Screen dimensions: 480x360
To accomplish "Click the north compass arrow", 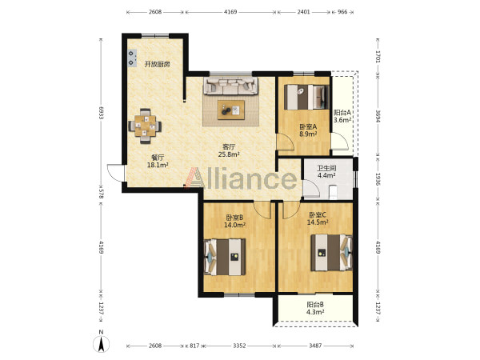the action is coord(101,344).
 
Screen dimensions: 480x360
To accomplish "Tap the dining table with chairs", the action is coord(145,126).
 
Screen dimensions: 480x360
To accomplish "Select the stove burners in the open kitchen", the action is coord(132,58).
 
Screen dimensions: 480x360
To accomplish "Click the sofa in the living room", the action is coord(231,86).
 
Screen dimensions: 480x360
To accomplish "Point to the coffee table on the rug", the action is coord(231,110).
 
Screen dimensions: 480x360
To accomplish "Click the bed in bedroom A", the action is coord(306,97).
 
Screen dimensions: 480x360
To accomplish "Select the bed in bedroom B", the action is coord(225,257).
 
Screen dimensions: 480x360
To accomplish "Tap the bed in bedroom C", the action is coord(331,253).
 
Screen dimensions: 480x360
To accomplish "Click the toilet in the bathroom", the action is coord(333,192).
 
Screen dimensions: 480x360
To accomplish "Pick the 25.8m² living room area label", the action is coord(229,154).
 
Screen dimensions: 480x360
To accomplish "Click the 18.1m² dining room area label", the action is coord(158,166).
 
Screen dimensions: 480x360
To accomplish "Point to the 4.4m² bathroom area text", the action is coord(326,176).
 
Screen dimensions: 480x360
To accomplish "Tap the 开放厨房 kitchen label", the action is coord(157,64).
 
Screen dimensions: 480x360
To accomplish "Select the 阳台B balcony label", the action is coord(315,305).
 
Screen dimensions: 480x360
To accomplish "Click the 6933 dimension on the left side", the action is coord(101,113).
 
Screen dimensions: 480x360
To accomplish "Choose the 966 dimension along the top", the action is coord(342,12).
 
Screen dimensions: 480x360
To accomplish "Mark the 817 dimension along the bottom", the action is coord(194,346).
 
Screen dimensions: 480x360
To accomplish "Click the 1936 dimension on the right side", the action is coord(378,179).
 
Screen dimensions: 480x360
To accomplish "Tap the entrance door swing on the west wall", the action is coord(116,173).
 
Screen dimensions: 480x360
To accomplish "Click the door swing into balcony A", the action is coord(340,141).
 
